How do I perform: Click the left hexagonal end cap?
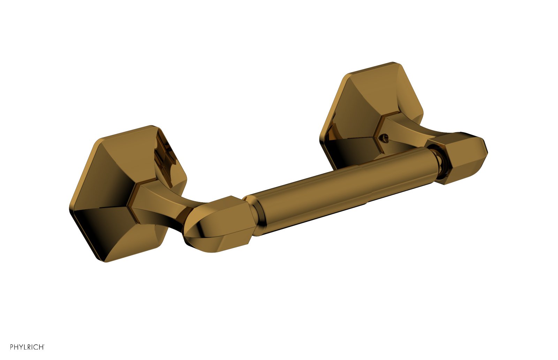pos(219,224)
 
